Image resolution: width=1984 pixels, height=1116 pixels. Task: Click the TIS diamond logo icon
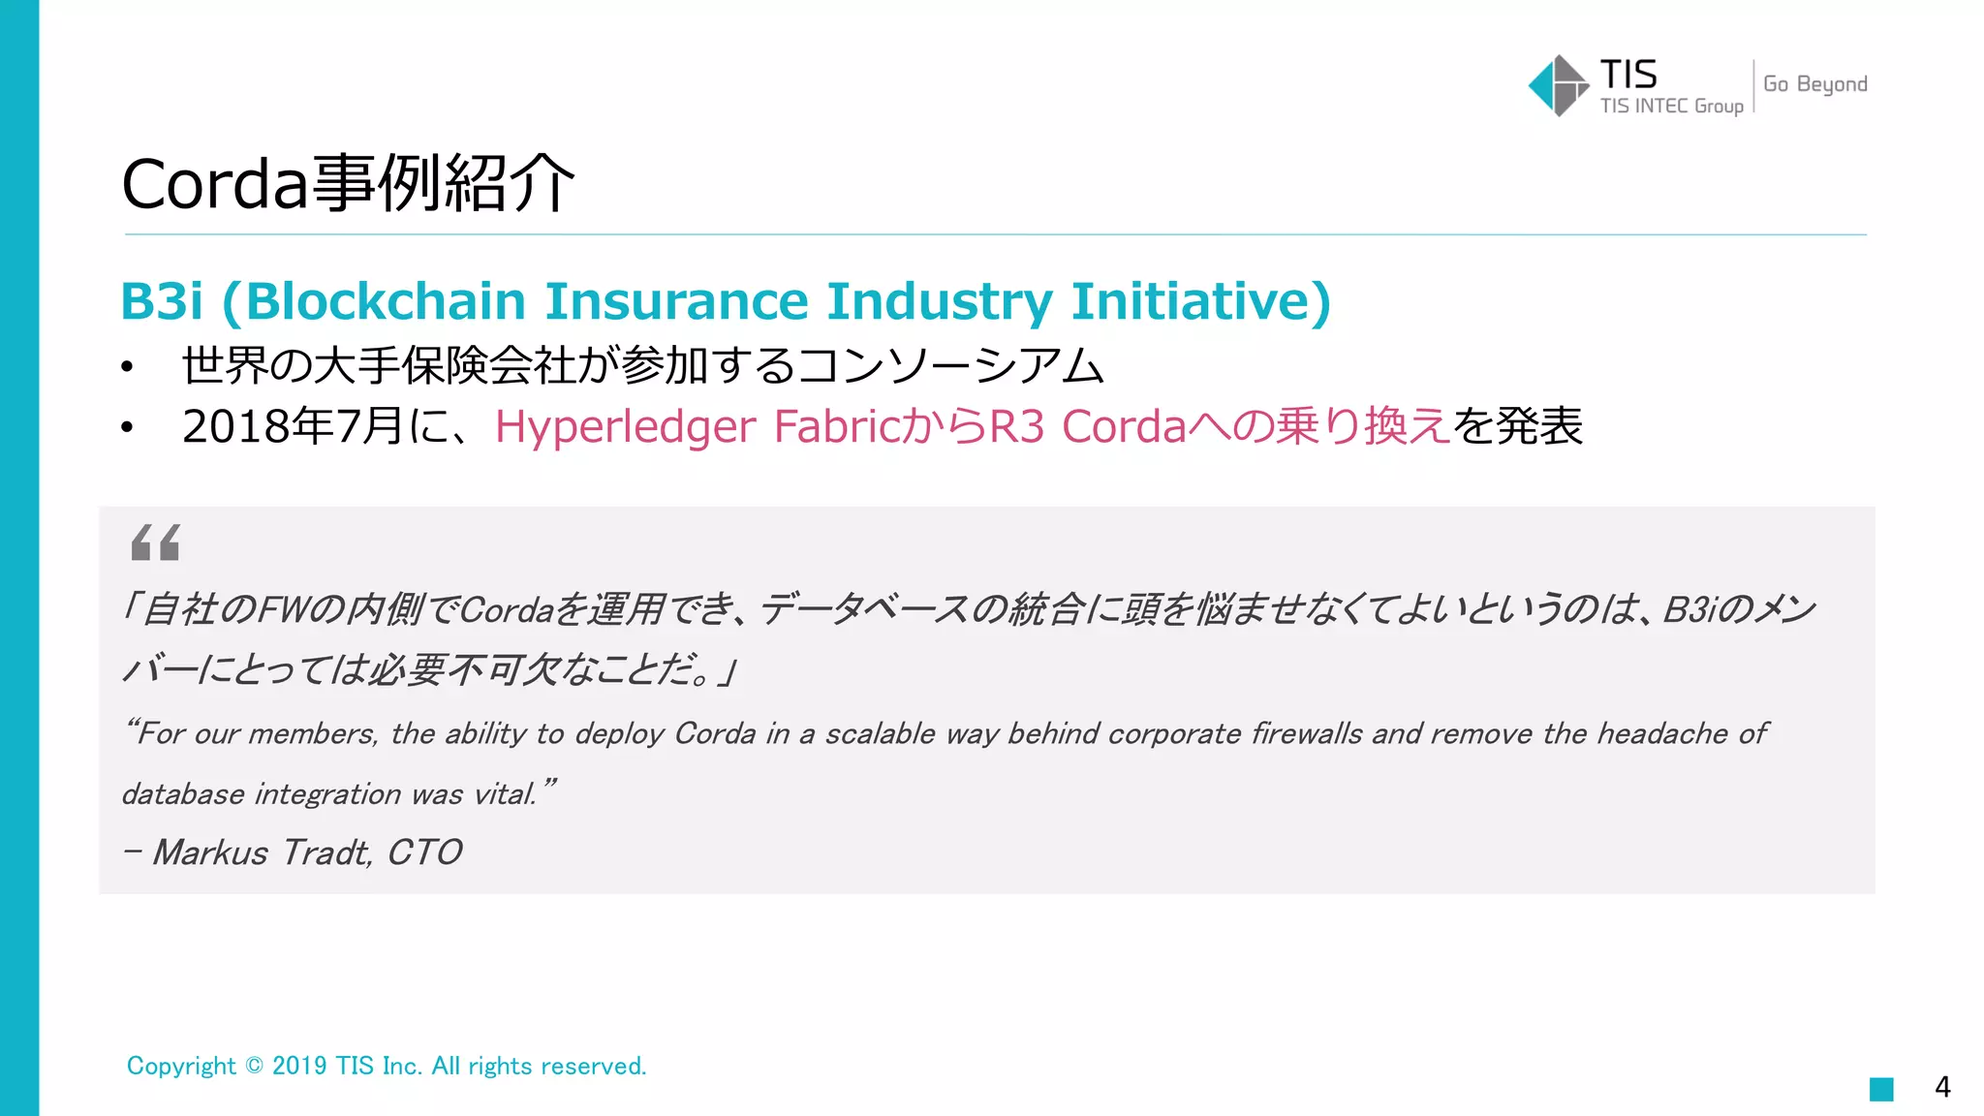click(1558, 85)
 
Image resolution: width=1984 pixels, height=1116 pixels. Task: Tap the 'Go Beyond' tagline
click(1814, 84)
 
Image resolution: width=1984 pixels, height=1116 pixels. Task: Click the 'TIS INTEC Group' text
click(1671, 106)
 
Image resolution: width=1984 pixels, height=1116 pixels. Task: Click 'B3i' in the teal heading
click(162, 301)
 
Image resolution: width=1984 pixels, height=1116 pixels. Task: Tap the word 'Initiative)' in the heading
click(1200, 301)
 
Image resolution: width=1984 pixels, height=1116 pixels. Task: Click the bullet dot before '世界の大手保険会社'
click(127, 367)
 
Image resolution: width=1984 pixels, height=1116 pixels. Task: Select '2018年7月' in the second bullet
click(292, 426)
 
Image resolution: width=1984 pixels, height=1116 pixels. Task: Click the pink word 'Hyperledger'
click(625, 427)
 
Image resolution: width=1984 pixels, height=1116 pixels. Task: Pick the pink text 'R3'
click(1016, 426)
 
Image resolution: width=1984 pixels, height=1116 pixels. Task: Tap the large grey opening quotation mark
click(155, 542)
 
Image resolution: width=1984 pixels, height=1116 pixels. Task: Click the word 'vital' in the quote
click(504, 794)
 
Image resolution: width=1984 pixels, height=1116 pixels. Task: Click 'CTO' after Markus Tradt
click(424, 852)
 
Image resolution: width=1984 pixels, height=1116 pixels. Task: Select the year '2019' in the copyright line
click(299, 1066)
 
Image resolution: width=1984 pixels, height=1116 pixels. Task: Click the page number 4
click(1942, 1087)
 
